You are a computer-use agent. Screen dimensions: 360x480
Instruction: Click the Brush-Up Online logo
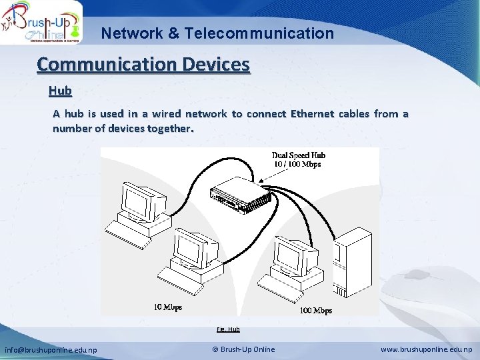point(41,22)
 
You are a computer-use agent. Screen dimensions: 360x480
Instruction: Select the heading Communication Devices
point(143,65)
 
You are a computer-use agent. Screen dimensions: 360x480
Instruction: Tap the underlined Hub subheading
point(60,89)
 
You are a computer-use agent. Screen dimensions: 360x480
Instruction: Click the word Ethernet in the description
point(311,114)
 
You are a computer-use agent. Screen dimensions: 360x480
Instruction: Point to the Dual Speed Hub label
point(299,155)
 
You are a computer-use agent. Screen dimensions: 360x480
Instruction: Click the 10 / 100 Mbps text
point(298,164)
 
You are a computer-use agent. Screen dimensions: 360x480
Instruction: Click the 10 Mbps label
point(167,307)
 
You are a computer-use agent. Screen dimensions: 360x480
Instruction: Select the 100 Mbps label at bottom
point(315,310)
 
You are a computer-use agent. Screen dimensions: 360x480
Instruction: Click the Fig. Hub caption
point(228,329)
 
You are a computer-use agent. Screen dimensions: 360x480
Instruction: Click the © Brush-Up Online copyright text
point(243,349)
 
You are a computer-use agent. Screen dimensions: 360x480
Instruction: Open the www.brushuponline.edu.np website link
point(427,349)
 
